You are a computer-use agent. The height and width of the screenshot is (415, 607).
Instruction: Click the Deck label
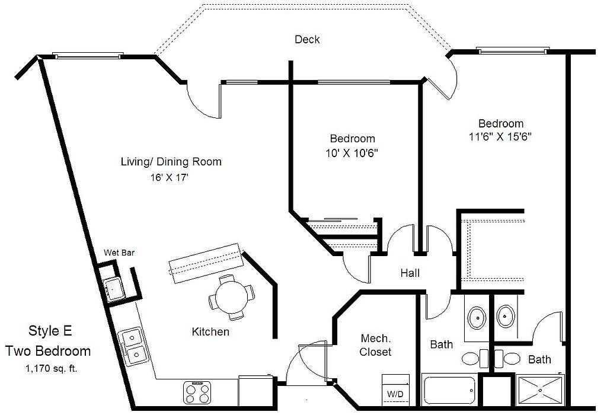coord(307,40)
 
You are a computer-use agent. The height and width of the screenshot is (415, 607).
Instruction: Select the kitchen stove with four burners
coord(197,391)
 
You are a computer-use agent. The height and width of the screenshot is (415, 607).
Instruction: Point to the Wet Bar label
coord(119,253)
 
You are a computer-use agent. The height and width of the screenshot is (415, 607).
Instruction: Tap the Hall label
coord(410,273)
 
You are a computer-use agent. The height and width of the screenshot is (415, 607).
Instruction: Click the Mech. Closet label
coord(376,345)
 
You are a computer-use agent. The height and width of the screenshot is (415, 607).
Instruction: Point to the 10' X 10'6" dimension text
coord(353,152)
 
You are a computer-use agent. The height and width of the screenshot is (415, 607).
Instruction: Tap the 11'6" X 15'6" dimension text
coord(501,136)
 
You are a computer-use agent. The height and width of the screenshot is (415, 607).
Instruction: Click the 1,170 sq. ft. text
coord(52,368)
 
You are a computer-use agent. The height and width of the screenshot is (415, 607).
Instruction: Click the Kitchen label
coord(210,332)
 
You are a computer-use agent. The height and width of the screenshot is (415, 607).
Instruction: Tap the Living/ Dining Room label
coord(171,162)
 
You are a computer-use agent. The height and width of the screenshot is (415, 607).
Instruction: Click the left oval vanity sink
coord(477,317)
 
